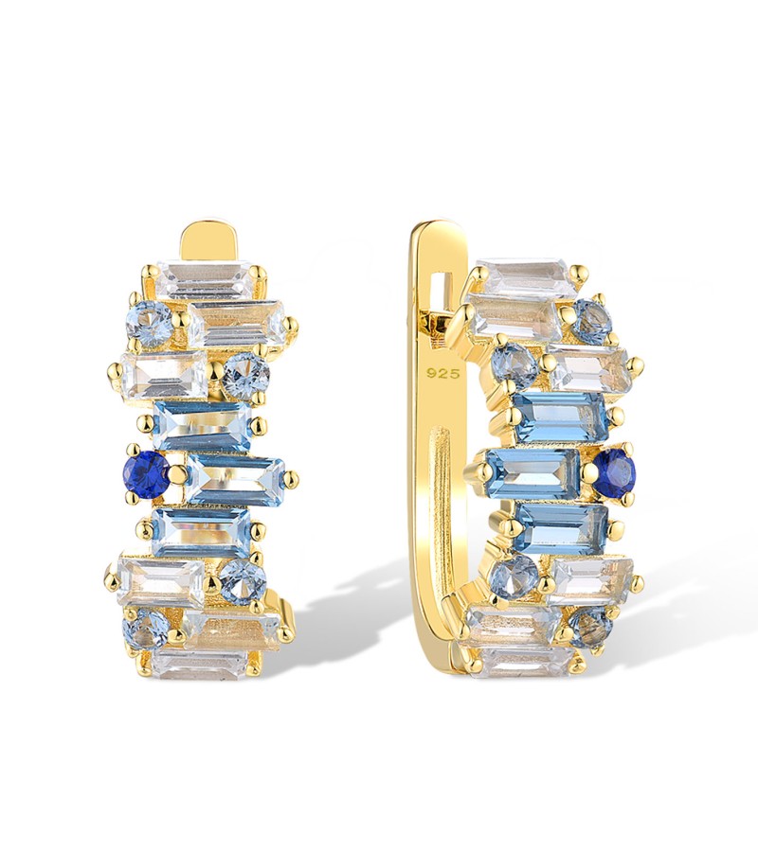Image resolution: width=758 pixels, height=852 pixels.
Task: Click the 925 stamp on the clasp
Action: [x=443, y=373]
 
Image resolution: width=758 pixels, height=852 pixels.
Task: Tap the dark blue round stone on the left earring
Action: [x=146, y=473]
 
